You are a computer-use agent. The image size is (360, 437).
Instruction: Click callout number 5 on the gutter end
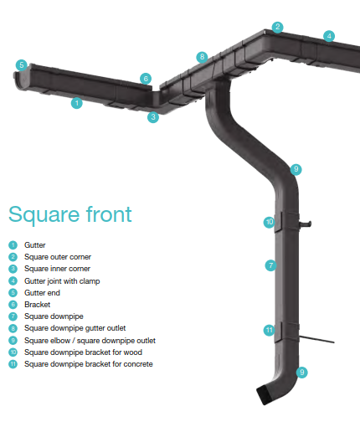22,65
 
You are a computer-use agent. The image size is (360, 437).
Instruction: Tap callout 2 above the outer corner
277,27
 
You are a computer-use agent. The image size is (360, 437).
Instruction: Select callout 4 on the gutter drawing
329,36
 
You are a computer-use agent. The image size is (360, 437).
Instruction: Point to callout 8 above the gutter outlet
202,57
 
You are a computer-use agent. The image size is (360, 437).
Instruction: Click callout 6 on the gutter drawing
146,79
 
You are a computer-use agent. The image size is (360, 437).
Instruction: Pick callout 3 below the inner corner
153,117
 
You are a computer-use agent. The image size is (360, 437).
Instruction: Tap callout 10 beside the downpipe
270,222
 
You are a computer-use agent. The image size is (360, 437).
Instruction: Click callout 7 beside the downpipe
270,265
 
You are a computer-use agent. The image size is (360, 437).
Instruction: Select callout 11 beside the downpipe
270,331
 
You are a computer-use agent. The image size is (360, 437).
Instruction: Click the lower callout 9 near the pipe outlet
301,373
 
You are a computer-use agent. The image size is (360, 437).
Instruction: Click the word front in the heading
109,214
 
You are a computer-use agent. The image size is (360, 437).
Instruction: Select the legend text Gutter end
42,293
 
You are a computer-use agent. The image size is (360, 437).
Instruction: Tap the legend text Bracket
38,305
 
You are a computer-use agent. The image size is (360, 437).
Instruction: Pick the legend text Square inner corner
57,269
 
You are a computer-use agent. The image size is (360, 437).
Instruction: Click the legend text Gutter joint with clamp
62,281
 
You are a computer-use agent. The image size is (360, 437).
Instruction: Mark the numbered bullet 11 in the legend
13,364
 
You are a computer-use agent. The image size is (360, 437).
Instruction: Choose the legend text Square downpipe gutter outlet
75,328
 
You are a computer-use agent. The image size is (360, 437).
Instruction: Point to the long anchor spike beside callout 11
316,339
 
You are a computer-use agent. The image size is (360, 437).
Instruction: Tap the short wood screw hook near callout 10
305,224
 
